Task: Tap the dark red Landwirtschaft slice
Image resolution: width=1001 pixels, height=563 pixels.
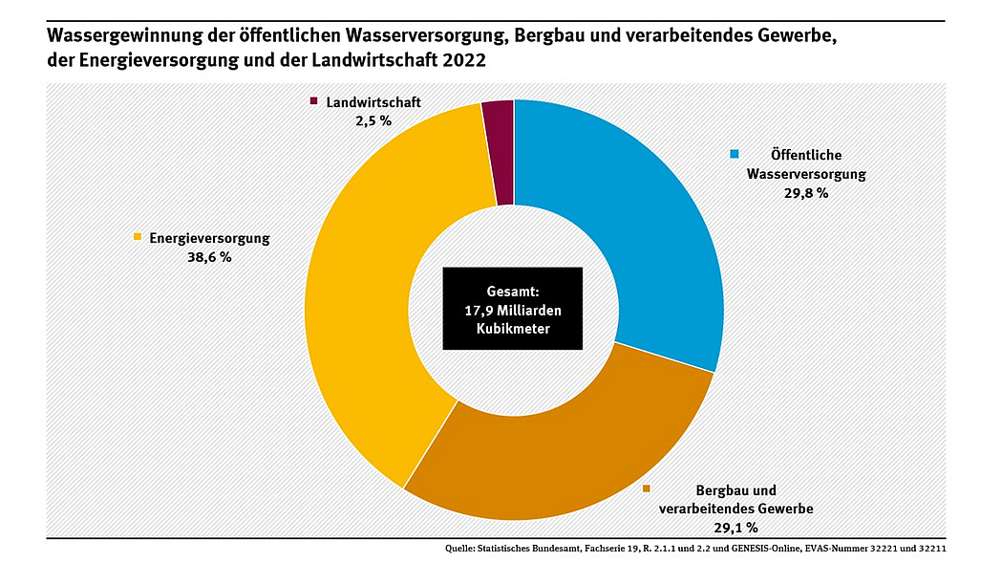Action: pyautogui.click(x=499, y=153)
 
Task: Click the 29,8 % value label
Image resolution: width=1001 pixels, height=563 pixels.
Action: pyautogui.click(x=805, y=193)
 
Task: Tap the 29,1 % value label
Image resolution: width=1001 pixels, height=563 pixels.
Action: pyautogui.click(x=735, y=527)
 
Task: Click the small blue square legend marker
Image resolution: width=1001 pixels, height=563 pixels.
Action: pyautogui.click(x=735, y=154)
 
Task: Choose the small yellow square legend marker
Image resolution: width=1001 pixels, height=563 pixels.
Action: pyautogui.click(x=138, y=237)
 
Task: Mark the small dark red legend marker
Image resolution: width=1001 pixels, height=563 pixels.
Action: pyautogui.click(x=313, y=101)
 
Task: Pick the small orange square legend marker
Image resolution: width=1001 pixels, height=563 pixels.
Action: pyautogui.click(x=647, y=488)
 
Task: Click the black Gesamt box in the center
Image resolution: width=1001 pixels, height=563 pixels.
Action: pyautogui.click(x=512, y=308)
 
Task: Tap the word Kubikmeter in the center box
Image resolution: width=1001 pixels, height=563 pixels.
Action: pyautogui.click(x=512, y=328)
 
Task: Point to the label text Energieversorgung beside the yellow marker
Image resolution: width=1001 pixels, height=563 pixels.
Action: pyautogui.click(x=209, y=238)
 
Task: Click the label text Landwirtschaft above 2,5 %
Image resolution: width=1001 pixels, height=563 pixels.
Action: pyautogui.click(x=373, y=102)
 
